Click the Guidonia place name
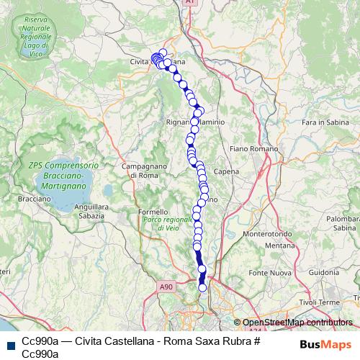[325, 273]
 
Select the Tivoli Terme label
[322, 302]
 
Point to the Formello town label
[153, 212]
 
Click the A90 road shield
[168, 287]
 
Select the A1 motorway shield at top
[190, 4]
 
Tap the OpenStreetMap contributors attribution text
[297, 323]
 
